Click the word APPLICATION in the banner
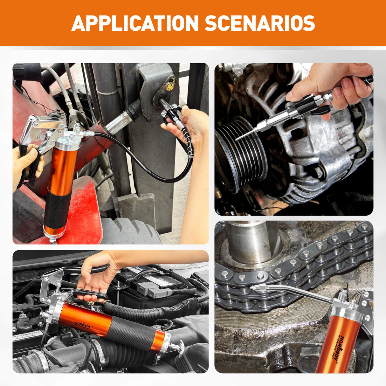pyautogui.click(x=135, y=23)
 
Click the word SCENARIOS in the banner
pyautogui.click(x=259, y=23)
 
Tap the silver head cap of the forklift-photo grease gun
pyautogui.click(x=68, y=145)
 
